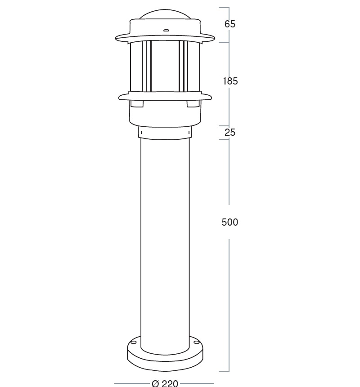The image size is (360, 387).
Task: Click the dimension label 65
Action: [230, 24]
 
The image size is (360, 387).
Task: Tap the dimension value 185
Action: [230, 81]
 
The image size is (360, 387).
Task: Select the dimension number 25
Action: [230, 133]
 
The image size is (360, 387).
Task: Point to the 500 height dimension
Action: [230, 222]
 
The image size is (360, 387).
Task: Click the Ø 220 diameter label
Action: [165, 383]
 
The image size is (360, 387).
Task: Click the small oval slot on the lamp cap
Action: [166, 31]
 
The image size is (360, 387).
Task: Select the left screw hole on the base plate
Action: [133, 343]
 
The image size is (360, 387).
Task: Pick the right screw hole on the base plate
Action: [197, 342]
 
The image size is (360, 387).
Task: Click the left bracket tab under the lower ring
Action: [137, 104]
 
